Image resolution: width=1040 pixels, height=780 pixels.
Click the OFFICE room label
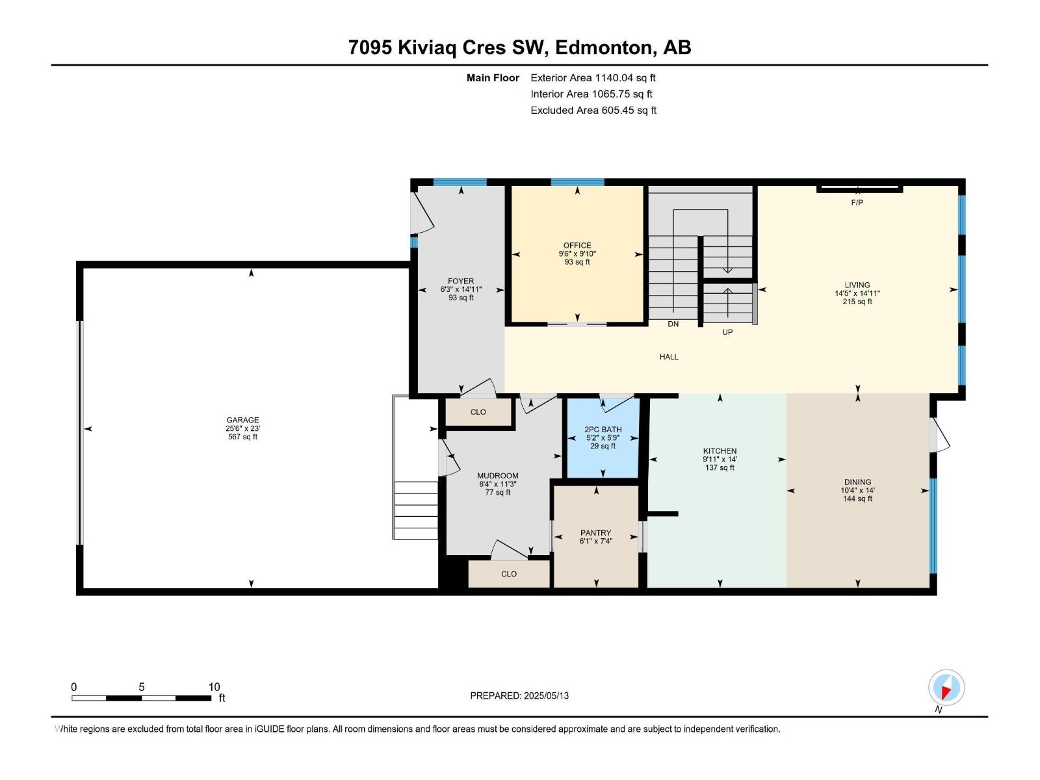point(577,246)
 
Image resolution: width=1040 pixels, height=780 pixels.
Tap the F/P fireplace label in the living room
point(857,203)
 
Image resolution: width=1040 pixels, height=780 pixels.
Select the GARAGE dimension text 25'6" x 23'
point(242,428)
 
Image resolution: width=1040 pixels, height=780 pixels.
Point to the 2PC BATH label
point(603,430)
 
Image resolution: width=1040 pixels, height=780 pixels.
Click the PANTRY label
point(595,533)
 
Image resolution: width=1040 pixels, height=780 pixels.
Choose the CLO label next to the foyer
point(478,412)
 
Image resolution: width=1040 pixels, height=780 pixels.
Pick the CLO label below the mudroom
point(508,574)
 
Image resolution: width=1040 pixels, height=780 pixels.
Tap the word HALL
point(669,357)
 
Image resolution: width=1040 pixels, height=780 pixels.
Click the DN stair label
point(673,324)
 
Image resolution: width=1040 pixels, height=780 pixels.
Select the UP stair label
point(727,332)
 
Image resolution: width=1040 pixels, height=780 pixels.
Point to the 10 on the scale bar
point(214,687)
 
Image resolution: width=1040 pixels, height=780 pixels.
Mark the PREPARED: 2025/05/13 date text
point(519,695)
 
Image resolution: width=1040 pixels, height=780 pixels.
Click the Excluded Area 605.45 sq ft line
point(593,110)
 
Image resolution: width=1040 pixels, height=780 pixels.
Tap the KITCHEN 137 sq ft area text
point(720,468)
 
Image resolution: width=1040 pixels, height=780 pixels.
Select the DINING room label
point(857,482)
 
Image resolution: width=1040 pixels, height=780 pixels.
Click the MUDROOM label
point(497,476)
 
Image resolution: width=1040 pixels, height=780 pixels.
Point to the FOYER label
point(461,281)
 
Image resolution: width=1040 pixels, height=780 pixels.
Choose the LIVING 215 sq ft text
point(857,302)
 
